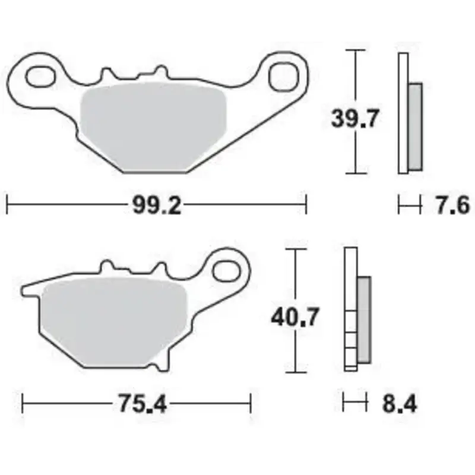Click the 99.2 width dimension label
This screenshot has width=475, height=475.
point(157,205)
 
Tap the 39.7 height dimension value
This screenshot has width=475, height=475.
point(354,118)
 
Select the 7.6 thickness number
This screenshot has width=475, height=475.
point(452,205)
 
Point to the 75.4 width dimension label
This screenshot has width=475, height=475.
point(142,404)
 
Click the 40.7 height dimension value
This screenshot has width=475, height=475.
point(294,317)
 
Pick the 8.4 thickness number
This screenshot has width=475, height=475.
point(399,404)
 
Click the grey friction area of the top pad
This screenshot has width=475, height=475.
point(153,126)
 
